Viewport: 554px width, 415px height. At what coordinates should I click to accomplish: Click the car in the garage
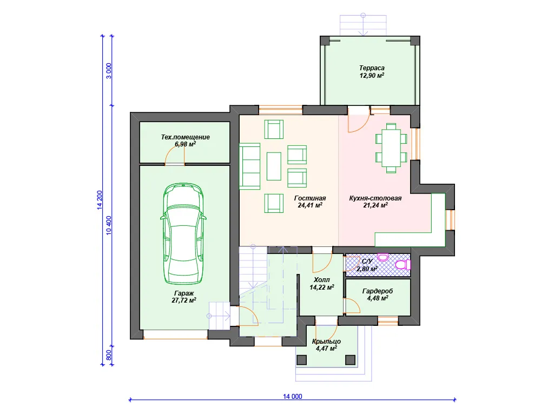click(183, 233)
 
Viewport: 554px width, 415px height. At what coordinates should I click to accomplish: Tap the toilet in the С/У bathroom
click(403, 265)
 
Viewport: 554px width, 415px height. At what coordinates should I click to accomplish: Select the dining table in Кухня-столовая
click(391, 148)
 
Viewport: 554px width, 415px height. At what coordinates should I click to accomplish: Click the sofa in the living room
click(249, 166)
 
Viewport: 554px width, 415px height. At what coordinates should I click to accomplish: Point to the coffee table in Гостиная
click(274, 166)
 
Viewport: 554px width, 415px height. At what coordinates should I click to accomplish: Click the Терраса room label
click(372, 68)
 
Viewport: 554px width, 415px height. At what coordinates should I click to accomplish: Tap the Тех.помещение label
click(185, 137)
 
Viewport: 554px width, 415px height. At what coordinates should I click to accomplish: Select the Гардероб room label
click(377, 291)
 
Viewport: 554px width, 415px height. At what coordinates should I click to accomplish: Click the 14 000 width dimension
click(293, 396)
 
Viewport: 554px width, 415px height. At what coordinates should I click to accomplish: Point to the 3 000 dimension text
click(109, 71)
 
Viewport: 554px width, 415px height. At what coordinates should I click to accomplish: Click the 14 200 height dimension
click(100, 200)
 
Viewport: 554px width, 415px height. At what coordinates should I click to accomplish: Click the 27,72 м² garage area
click(184, 300)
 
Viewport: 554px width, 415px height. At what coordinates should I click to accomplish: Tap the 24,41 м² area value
click(310, 205)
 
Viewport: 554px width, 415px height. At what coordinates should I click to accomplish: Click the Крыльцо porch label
click(326, 342)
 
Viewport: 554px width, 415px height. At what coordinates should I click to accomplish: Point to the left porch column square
click(301, 359)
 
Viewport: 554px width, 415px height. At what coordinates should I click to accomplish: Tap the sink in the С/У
click(383, 257)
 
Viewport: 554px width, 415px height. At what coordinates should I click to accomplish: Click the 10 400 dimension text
click(109, 225)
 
